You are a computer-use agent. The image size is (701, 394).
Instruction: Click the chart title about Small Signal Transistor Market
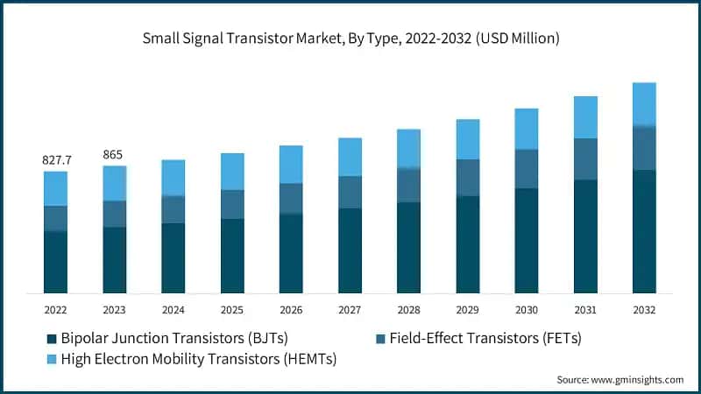click(x=350, y=39)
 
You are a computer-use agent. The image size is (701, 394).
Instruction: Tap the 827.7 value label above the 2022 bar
click(x=56, y=160)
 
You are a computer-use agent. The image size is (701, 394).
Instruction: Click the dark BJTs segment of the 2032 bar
click(x=644, y=231)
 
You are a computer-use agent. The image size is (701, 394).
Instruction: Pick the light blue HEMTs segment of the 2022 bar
click(x=56, y=188)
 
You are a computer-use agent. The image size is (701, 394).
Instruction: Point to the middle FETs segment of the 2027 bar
click(x=350, y=192)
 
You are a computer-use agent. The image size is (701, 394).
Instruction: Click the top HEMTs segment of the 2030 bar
click(x=527, y=129)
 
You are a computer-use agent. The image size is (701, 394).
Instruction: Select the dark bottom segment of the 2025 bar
click(x=232, y=256)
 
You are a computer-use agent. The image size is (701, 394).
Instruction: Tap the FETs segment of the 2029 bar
click(x=468, y=178)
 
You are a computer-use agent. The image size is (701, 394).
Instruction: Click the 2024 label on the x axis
click(x=173, y=310)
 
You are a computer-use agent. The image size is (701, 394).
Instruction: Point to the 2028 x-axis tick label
click(x=408, y=310)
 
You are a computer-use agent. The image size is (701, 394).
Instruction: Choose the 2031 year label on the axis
click(x=585, y=310)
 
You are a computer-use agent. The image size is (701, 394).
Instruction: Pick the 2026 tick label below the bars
click(x=291, y=310)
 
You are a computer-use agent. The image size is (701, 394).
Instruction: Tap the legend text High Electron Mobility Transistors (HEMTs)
click(x=199, y=358)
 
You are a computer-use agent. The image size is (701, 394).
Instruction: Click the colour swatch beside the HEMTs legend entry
click(x=52, y=359)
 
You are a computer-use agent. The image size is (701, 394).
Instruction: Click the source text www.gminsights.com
click(x=620, y=379)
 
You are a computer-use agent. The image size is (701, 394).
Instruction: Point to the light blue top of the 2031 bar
click(x=585, y=117)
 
